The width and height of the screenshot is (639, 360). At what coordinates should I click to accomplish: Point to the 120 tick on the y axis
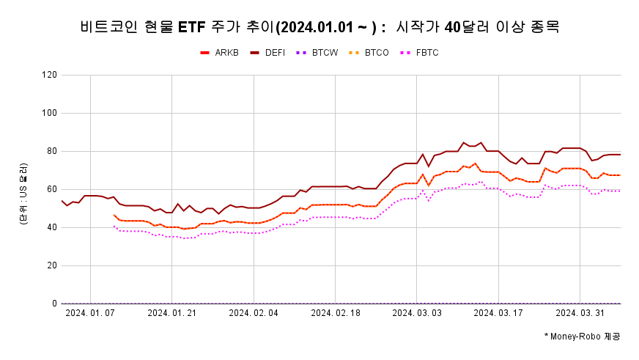50,75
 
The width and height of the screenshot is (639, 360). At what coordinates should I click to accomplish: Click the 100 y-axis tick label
50,113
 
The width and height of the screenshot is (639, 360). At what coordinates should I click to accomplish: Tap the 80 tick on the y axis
52,151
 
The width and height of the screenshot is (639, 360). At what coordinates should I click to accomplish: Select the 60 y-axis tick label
52,189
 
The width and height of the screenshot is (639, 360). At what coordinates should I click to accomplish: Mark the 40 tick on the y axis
52,227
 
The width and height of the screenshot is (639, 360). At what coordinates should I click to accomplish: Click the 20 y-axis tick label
52,265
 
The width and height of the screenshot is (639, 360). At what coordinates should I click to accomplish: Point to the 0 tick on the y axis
54,304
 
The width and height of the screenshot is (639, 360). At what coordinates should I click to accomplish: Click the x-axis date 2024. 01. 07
90,313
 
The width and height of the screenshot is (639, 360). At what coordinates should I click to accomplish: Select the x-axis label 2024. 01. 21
171,313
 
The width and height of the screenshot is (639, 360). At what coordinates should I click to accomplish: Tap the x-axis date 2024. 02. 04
254,313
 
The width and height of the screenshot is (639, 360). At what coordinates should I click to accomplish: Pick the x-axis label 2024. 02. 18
335,313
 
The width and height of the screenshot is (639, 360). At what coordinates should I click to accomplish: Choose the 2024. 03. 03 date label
416,313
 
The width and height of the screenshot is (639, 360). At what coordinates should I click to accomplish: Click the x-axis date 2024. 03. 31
580,313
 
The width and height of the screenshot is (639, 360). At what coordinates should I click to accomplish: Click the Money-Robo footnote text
582,336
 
